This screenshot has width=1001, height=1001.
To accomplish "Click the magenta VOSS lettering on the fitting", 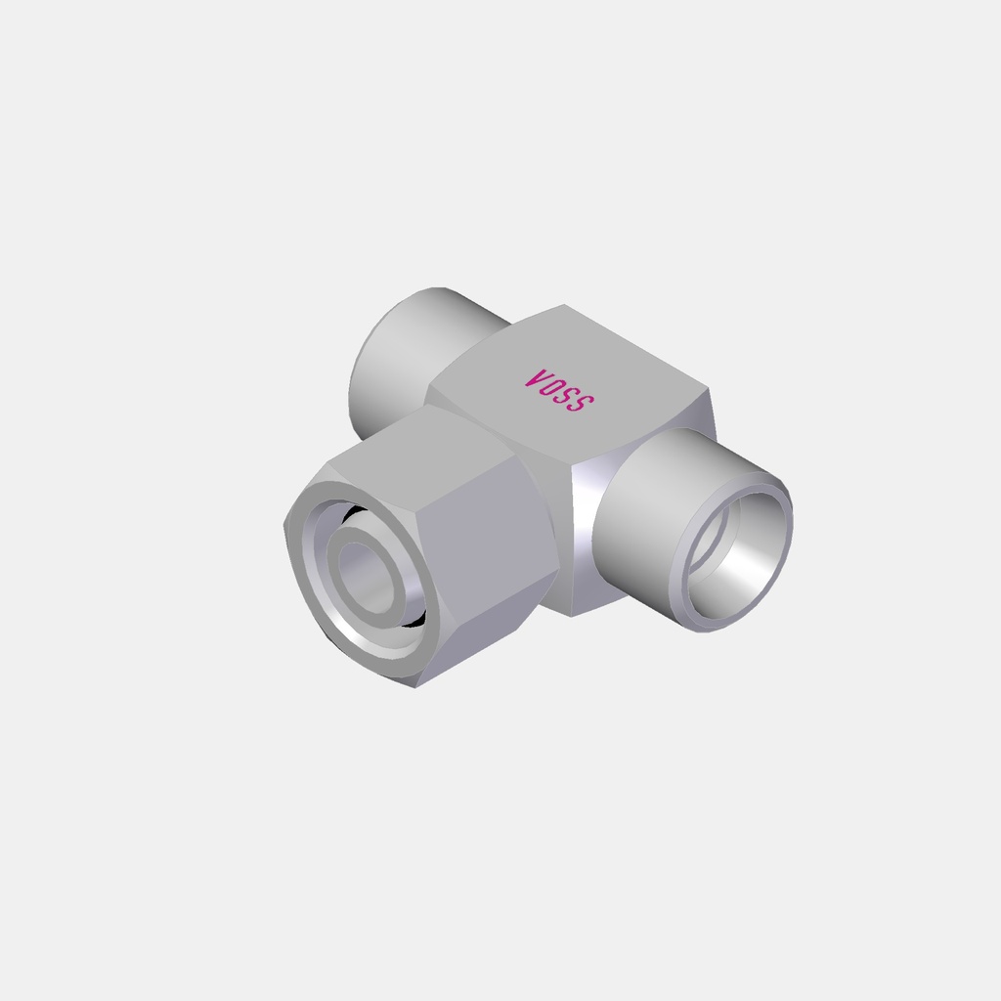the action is click(x=559, y=390).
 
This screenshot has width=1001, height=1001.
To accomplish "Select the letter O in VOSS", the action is click(x=551, y=386).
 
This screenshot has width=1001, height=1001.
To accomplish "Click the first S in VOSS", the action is click(x=568, y=395).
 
